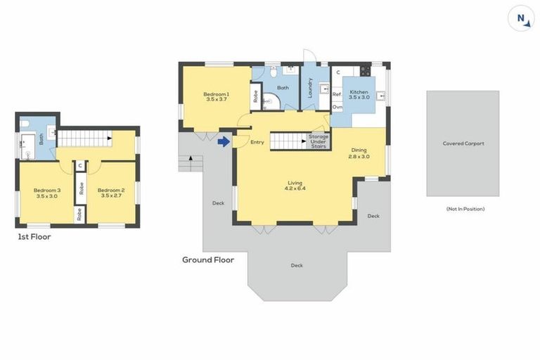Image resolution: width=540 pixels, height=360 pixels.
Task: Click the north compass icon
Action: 521,18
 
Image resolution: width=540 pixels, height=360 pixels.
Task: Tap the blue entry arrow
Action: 224,141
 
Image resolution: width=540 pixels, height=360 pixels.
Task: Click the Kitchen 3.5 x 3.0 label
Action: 359,94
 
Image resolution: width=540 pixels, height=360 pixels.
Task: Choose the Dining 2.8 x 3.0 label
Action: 359,153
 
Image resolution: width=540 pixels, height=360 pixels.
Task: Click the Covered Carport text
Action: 463,143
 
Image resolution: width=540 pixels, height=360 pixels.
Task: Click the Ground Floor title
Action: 208,259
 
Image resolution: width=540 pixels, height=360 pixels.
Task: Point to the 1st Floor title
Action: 34,237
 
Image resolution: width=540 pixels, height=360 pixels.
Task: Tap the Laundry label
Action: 310,87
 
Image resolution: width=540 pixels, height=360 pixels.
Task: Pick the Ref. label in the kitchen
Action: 337,94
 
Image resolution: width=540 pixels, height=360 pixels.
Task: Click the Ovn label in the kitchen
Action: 337,107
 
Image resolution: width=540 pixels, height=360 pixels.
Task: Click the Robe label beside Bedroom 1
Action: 256,97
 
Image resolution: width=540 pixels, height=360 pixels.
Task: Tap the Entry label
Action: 257,142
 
